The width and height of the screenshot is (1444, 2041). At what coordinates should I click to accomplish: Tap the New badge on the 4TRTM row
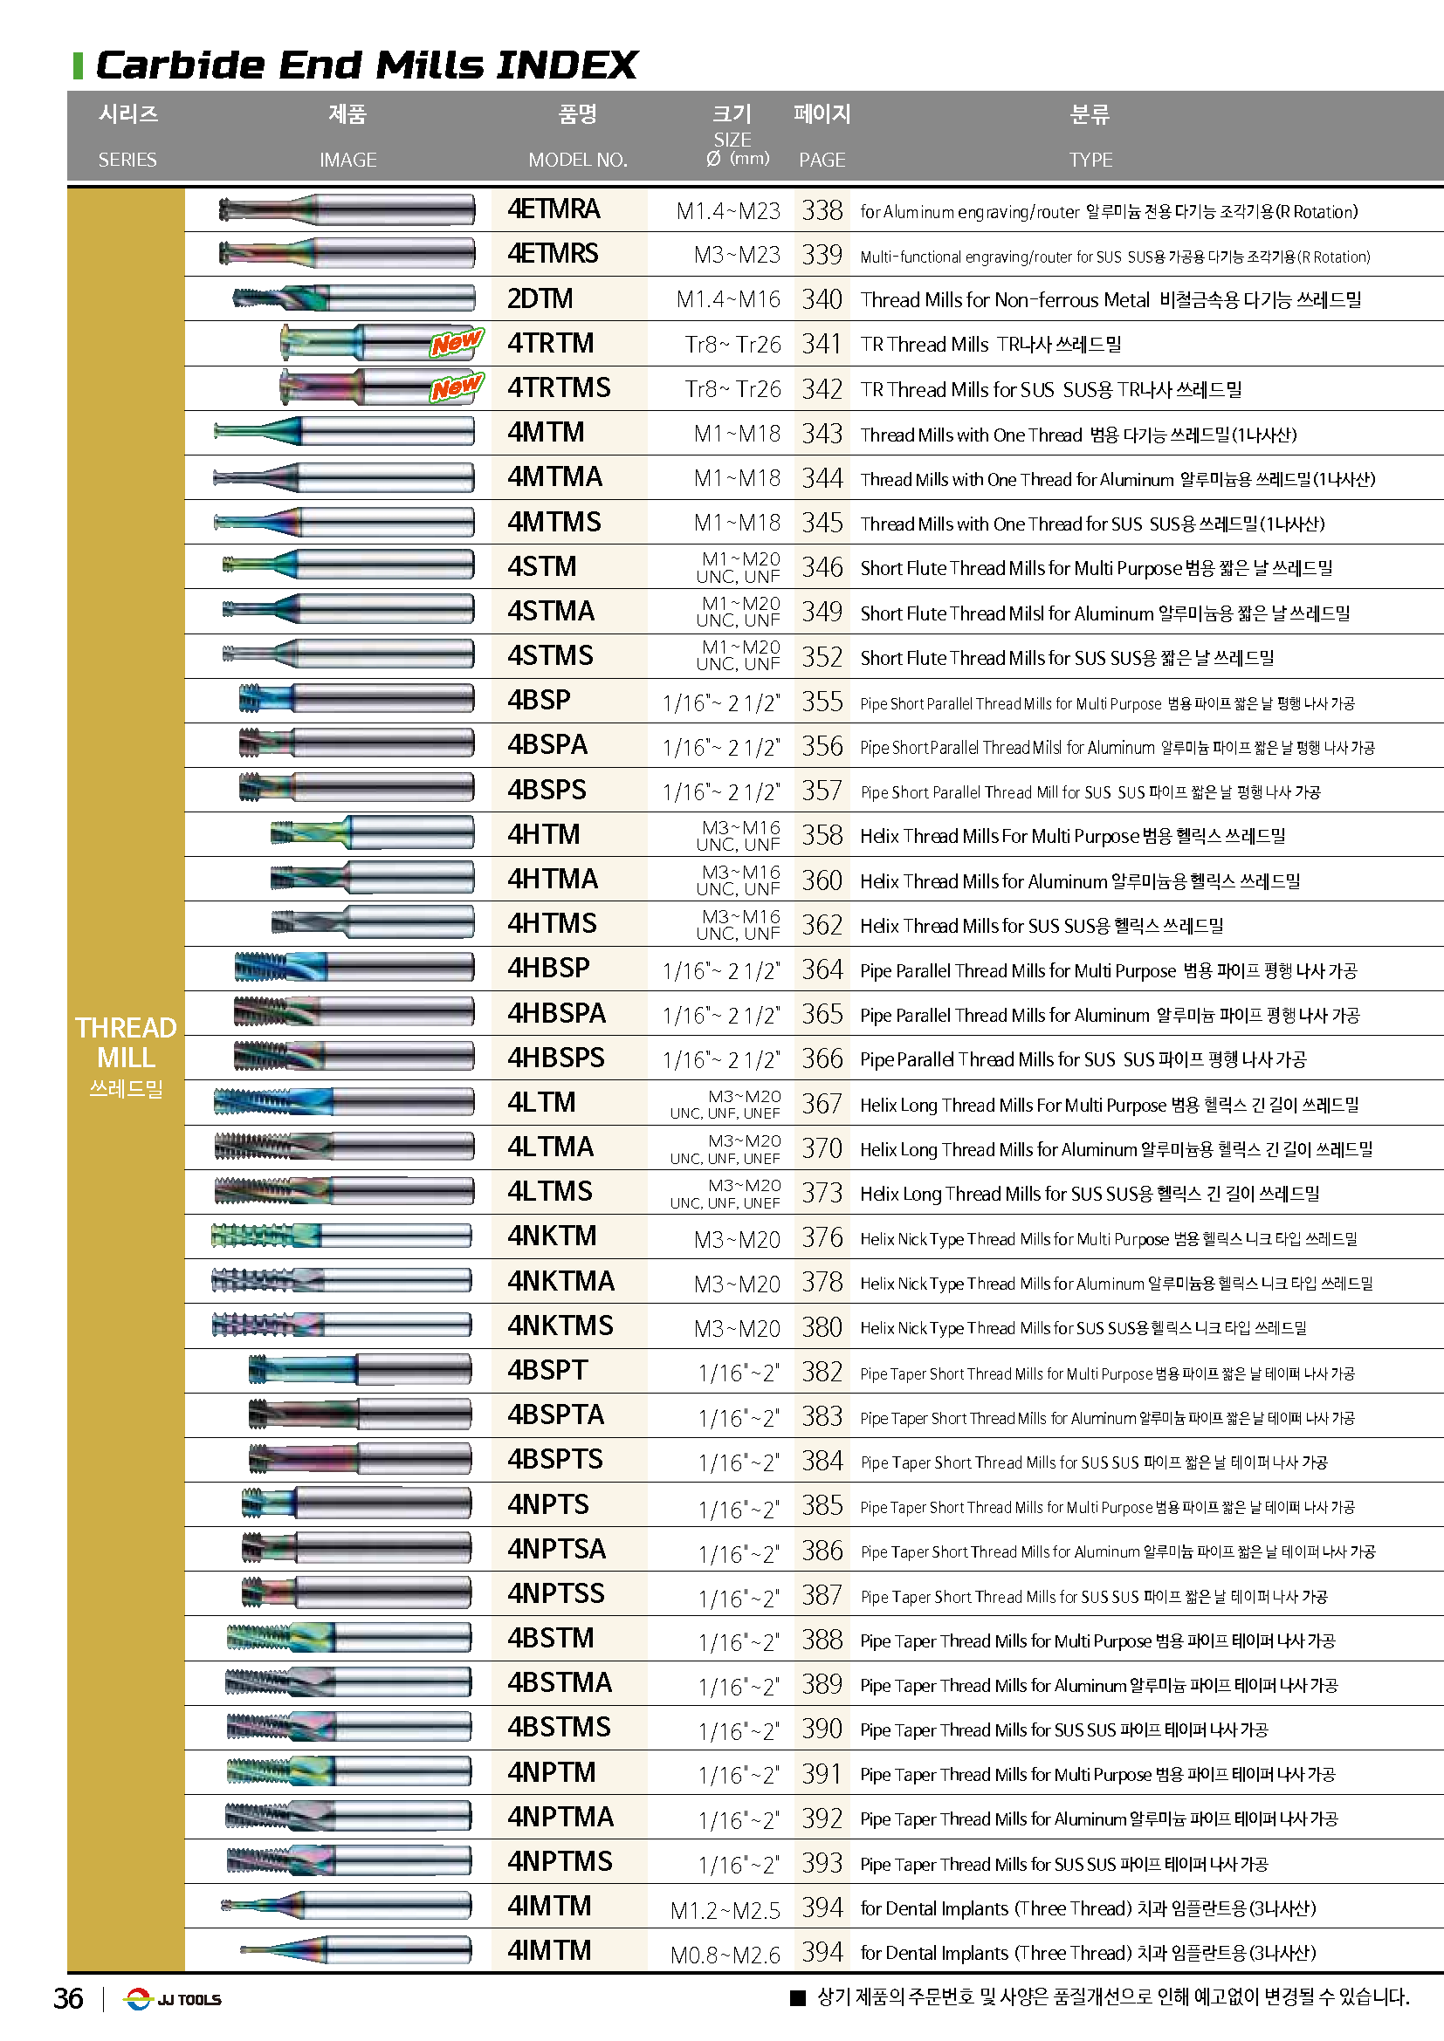456,342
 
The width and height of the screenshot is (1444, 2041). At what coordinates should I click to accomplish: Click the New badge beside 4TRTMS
456,387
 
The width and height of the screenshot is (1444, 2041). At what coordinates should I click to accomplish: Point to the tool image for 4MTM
344,432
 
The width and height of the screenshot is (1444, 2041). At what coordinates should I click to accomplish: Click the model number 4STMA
550,612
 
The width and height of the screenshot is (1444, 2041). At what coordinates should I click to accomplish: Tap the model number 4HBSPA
556,1013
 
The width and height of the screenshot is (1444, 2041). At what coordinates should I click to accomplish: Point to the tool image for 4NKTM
340,1236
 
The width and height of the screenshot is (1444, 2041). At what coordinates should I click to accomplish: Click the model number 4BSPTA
555,1415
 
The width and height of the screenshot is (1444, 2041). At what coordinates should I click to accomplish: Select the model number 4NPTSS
555,1594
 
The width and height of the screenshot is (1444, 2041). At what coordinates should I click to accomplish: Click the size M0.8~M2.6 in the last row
725,1955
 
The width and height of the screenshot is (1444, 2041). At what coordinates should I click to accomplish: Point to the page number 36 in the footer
68,1999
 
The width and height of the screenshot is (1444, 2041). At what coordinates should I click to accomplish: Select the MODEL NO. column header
577,160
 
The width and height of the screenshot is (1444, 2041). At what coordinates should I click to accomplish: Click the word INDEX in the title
567,65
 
